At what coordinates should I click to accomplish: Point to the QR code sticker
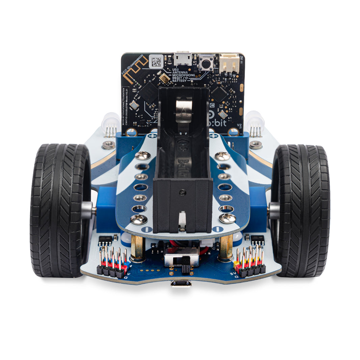(x=156, y=62)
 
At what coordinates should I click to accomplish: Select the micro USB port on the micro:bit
(x=183, y=59)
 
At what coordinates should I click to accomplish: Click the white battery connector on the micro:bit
(x=229, y=63)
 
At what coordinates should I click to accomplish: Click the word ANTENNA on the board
(x=181, y=72)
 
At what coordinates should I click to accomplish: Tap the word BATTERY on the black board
(x=180, y=81)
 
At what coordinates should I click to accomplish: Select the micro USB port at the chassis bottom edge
(x=181, y=284)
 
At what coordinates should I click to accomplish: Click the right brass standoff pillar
(x=226, y=248)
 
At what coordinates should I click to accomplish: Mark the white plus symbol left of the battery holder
(x=152, y=136)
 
